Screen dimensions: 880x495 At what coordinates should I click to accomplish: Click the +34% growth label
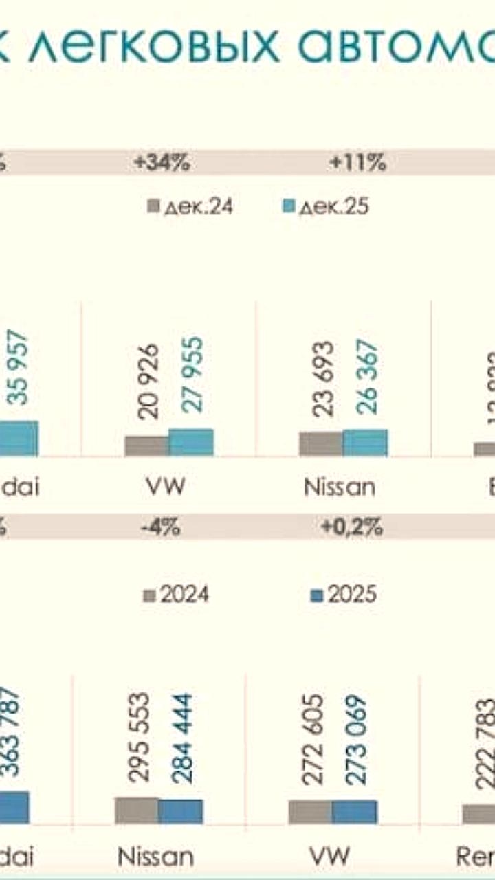162,164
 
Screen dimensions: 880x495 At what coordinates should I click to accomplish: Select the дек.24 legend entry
191,206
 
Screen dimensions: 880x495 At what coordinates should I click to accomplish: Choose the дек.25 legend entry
327,206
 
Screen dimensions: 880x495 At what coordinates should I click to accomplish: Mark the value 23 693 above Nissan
321,377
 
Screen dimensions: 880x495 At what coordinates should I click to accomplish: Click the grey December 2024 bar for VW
146,446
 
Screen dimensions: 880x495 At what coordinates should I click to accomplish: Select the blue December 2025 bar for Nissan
365,443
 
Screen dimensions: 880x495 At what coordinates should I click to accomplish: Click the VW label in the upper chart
166,487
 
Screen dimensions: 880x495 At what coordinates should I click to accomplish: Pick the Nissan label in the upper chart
340,487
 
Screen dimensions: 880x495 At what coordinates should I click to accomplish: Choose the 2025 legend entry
344,595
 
